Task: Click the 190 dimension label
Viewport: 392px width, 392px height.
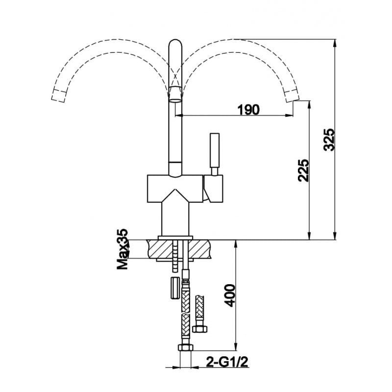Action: coord(248,109)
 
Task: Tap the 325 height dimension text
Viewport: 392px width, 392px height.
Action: coord(328,140)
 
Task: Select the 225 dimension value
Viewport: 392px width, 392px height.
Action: coord(303,170)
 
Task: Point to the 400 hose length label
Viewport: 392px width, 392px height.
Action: coord(229,295)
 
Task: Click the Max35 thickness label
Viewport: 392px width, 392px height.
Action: coord(123,249)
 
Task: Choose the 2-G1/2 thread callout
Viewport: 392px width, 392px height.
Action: coord(227,362)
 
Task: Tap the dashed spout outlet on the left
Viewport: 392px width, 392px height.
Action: coord(59,95)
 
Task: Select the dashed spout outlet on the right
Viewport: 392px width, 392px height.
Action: coord(292,95)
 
